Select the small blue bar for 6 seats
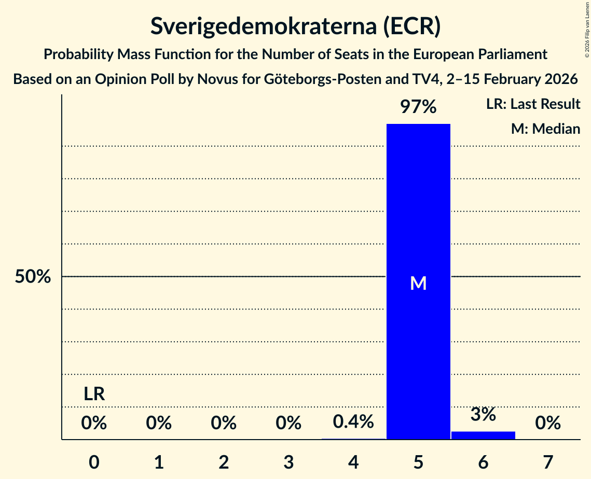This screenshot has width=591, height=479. click(x=483, y=435)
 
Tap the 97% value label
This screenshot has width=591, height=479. click(x=418, y=107)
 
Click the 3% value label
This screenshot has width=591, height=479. click(x=483, y=414)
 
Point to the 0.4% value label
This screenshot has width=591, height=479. click(x=353, y=422)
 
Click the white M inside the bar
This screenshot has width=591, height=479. click(x=418, y=283)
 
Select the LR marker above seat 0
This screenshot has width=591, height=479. click(x=94, y=395)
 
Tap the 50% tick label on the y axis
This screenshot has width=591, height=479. click(x=33, y=277)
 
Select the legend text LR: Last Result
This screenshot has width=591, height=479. click(x=533, y=104)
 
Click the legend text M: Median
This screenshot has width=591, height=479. click(x=545, y=129)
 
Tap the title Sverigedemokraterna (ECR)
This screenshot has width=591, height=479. click(x=295, y=26)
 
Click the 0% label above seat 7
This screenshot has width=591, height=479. click(x=548, y=424)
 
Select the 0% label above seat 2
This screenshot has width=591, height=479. click(x=224, y=424)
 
